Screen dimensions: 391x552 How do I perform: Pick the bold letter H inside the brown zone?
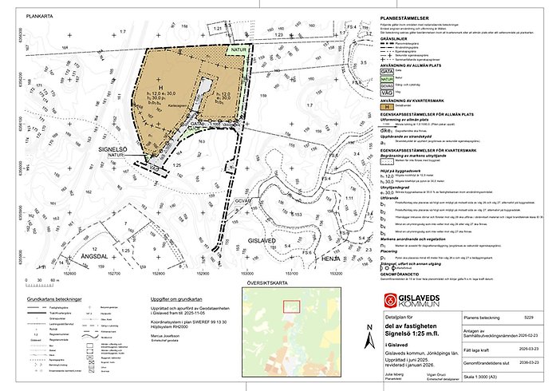click(x=160, y=86)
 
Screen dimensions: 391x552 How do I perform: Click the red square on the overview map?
click(x=292, y=306)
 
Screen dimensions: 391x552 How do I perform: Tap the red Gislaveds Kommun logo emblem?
click(x=390, y=301)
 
